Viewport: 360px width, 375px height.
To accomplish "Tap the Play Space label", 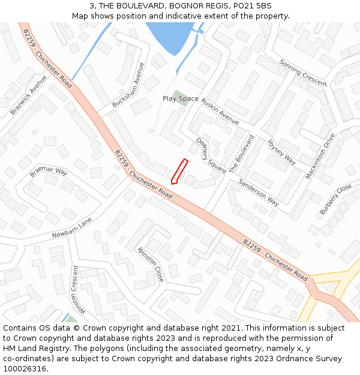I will coord(181,98).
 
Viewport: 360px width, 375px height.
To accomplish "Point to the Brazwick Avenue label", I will coord(28,95).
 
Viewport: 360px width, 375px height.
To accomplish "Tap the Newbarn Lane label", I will coord(72,227).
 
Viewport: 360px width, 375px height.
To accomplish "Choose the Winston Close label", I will coord(151,264).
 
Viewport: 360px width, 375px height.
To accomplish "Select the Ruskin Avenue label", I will coord(220,107).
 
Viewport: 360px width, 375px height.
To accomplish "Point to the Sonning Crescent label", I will coord(302,73).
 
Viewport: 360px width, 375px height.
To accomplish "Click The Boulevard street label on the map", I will coord(241,154).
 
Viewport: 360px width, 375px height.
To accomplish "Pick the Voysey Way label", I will coord(281,151).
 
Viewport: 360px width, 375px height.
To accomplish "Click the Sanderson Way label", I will coord(259,192).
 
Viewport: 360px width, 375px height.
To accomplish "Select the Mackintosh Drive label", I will coord(320,155).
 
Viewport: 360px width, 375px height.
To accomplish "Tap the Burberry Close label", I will coord(335,199).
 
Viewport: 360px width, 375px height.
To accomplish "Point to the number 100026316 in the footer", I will coord(25,368).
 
